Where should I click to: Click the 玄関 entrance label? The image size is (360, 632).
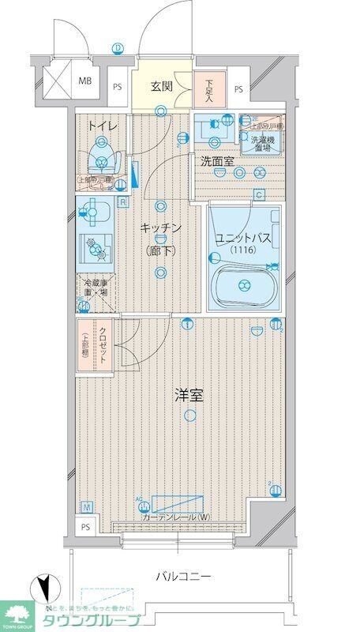(162, 86)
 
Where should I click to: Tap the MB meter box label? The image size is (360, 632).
(83, 79)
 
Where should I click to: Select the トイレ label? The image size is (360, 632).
(103, 125)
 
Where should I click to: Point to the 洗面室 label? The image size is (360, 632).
(216, 161)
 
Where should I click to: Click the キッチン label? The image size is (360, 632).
(161, 228)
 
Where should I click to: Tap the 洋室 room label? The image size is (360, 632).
(190, 395)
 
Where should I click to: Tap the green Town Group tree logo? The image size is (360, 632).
(17, 611)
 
